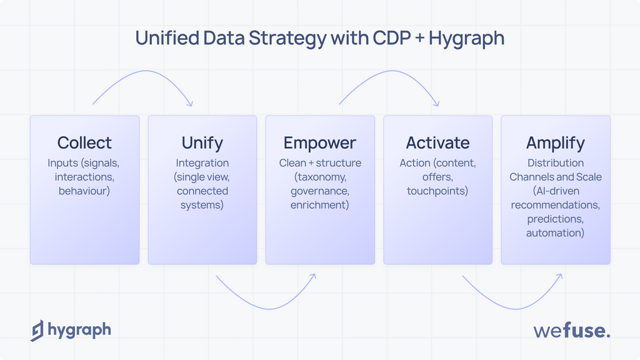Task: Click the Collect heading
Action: click(x=84, y=143)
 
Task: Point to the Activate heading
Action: click(x=437, y=143)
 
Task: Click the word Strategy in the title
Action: click(x=287, y=39)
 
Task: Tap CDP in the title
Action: click(x=392, y=38)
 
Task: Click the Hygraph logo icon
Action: click(x=37, y=331)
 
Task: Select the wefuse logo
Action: click(x=571, y=331)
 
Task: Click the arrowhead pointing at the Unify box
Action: click(x=189, y=103)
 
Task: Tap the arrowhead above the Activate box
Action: click(x=436, y=103)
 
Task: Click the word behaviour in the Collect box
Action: click(x=84, y=191)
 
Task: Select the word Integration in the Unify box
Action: click(x=202, y=163)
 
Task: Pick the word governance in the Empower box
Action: click(x=320, y=191)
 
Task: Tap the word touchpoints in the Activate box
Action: click(x=437, y=191)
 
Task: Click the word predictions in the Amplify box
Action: click(x=555, y=219)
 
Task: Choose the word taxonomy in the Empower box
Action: click(x=320, y=177)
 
